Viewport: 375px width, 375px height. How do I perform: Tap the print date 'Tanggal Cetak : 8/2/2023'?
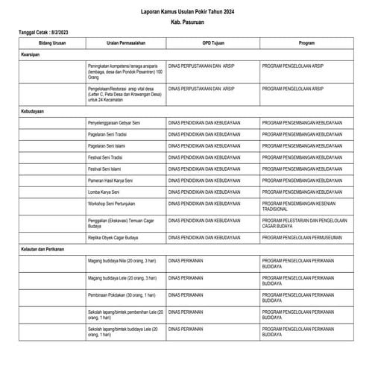coord(42,33)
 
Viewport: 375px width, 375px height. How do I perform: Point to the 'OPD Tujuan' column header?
coord(212,43)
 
